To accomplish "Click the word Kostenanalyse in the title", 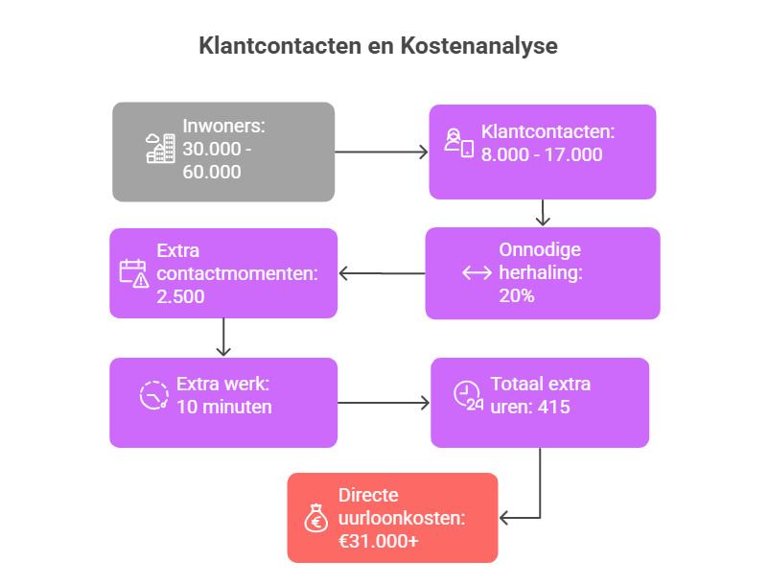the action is point(478,46).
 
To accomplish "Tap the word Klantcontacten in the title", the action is point(280,46).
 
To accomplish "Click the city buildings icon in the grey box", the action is point(160,148).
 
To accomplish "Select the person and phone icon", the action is point(459,143).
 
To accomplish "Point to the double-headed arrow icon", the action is point(477,272).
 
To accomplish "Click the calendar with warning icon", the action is point(134,273).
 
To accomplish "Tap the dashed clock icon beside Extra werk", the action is point(154,395).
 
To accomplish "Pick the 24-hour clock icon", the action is point(468,395).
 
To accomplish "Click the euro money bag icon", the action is point(316,518).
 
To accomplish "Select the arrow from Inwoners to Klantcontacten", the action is point(382,152).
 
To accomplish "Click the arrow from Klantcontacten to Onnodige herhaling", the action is point(543,213).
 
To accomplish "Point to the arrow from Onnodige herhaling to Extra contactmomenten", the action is point(382,273).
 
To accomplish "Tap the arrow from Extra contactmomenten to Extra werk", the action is point(223,338).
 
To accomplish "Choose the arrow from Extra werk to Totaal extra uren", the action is point(384,403).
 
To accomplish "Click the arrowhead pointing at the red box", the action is point(503,517).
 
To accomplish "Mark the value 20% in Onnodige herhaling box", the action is point(517,295).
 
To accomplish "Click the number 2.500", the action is point(180,296).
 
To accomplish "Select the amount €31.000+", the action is point(379,541).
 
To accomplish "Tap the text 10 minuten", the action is point(224,407).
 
